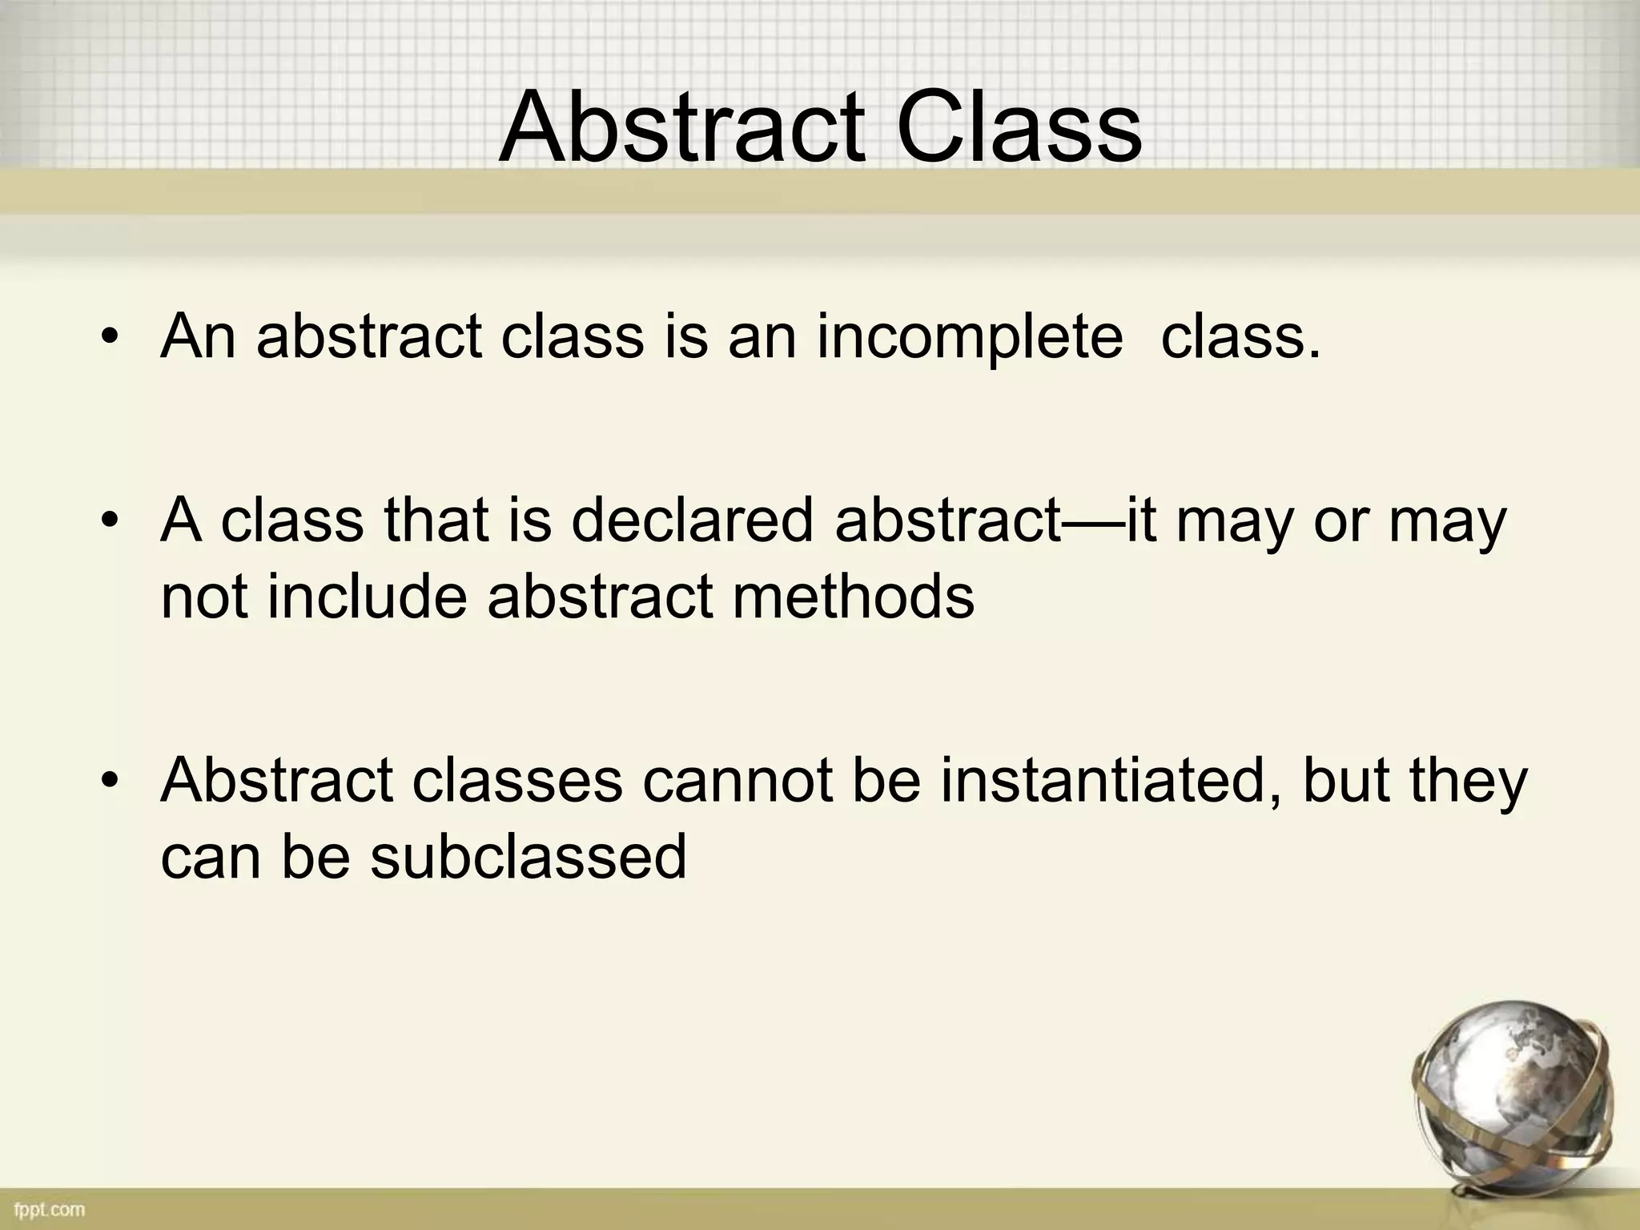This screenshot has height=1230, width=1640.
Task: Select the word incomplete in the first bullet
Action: [x=969, y=336]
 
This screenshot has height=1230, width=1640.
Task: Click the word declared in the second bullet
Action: [x=692, y=521]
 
